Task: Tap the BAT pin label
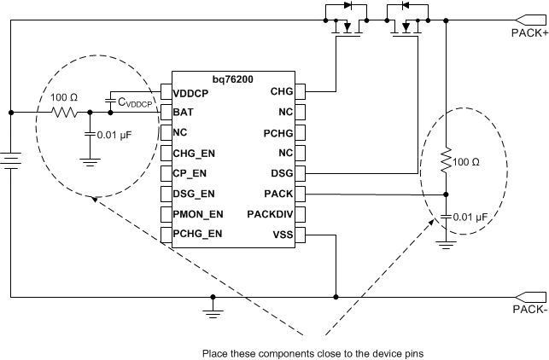pyautogui.click(x=184, y=112)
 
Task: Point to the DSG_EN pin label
pyautogui.click(x=195, y=194)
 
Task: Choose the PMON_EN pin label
pyautogui.click(x=198, y=214)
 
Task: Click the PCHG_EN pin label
pyautogui.click(x=198, y=234)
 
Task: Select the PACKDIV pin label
pyautogui.click(x=271, y=214)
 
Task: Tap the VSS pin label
pyautogui.click(x=283, y=235)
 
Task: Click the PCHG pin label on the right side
pyautogui.click(x=279, y=132)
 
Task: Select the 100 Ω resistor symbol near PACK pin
pyautogui.click(x=446, y=160)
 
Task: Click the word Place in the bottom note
pyautogui.click(x=215, y=351)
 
